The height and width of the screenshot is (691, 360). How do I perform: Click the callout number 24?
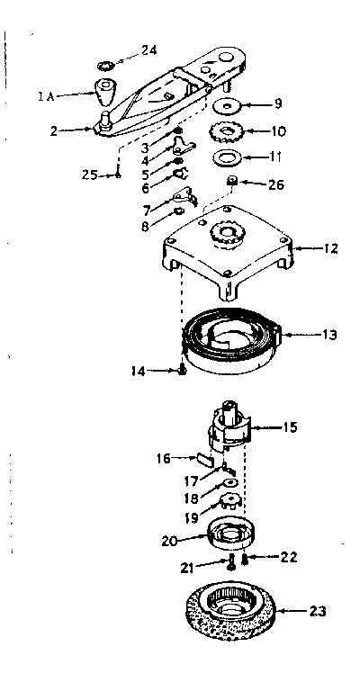(148, 50)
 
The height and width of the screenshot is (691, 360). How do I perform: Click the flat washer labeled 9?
(226, 106)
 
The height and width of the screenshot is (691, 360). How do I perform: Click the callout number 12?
(329, 248)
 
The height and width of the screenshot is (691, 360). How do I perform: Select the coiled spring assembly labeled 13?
(230, 339)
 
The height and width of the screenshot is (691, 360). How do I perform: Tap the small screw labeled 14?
(182, 371)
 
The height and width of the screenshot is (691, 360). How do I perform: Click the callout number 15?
(290, 426)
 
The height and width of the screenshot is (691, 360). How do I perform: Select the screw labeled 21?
(231, 562)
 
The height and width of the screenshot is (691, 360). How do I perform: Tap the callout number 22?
(289, 557)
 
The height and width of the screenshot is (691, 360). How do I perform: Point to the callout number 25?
(90, 175)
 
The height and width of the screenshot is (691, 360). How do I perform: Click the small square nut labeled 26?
(230, 181)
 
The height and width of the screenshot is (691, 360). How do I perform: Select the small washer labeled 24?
(106, 66)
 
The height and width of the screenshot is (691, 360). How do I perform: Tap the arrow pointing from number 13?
(299, 335)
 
